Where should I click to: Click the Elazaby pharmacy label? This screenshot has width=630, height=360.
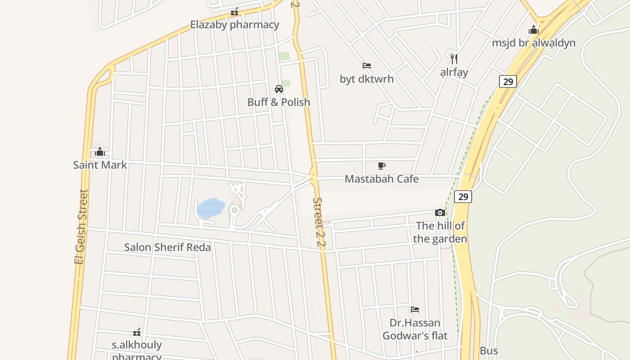point(234,25)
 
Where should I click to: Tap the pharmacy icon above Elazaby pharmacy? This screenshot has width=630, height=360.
point(234,12)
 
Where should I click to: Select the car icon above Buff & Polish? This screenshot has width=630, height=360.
point(279,89)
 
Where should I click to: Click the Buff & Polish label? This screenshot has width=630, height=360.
point(279,102)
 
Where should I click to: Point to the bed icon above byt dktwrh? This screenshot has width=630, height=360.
point(367,66)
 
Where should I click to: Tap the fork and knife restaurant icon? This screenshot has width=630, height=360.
point(454,58)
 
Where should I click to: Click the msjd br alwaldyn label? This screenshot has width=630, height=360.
point(534,43)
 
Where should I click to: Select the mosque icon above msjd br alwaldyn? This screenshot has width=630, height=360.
point(534,30)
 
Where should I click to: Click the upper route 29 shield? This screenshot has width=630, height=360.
point(508,81)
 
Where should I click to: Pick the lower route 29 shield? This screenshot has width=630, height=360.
point(463,197)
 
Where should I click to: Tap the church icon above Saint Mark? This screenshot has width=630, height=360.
point(100,152)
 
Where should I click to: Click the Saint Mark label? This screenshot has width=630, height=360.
point(100,165)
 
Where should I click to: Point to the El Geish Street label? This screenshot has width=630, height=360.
point(80,227)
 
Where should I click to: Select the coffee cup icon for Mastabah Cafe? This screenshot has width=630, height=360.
point(382,166)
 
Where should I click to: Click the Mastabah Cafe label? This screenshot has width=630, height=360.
point(382,179)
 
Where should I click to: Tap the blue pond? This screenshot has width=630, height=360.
point(211,208)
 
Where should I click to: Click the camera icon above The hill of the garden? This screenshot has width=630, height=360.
point(440,213)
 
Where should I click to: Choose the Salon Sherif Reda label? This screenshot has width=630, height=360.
point(167,247)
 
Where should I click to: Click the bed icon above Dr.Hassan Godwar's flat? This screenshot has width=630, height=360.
point(415,310)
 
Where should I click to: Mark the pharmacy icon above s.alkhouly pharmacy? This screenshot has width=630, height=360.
point(137,333)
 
